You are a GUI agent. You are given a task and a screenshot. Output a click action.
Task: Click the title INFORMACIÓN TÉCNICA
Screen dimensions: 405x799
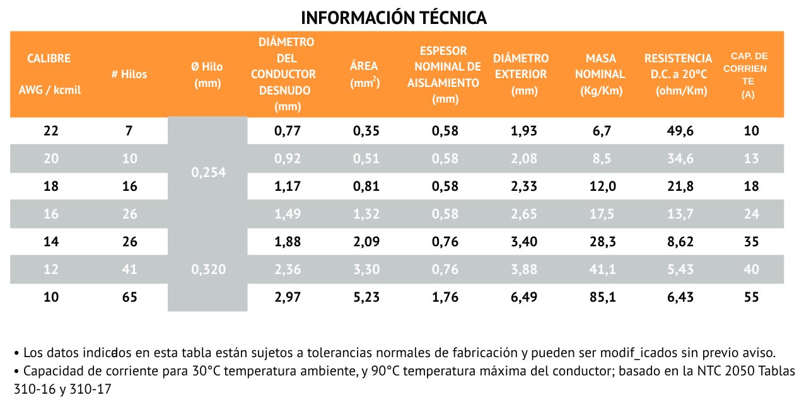[394, 17]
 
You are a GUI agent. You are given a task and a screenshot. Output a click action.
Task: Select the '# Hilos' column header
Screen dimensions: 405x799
[129, 74]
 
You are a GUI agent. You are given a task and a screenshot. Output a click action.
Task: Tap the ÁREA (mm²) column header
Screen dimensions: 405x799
[365, 74]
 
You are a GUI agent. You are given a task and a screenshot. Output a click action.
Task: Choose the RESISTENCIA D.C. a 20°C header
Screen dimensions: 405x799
[678, 74]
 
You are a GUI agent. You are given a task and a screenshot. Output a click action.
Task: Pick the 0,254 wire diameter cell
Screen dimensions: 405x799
[207, 173]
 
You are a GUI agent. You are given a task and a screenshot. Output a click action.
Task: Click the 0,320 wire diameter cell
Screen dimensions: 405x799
[207, 270]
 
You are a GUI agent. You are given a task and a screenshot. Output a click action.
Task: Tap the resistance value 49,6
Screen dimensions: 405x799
[678, 131]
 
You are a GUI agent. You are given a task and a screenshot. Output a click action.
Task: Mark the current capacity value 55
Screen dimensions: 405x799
[751, 297]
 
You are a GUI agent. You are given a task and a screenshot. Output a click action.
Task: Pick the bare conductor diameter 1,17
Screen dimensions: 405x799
[288, 186]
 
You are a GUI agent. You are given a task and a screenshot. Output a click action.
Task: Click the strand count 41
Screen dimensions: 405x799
[129, 270]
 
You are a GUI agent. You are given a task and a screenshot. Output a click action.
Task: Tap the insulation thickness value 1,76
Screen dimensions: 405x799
[445, 297]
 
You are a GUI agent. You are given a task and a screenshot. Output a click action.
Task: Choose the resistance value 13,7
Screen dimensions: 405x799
[678, 214]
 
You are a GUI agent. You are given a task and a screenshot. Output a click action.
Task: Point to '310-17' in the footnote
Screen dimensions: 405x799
[94, 389]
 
